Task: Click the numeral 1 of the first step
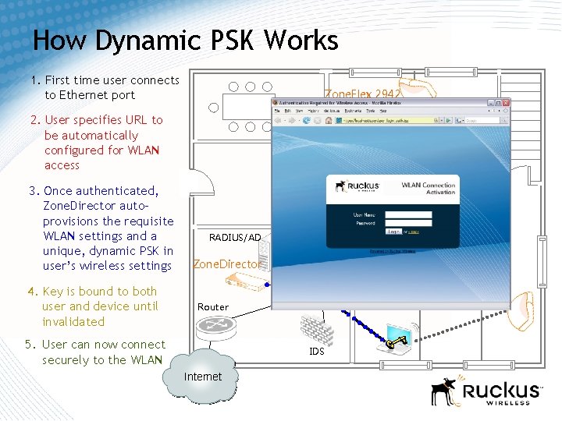tap(34, 80)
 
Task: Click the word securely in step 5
tap(66, 359)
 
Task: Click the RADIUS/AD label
tap(235, 238)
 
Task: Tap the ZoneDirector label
tap(227, 264)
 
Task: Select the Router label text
tap(213, 307)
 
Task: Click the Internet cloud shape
tap(201, 375)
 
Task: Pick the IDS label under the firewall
tap(316, 352)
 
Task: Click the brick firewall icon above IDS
tap(316, 328)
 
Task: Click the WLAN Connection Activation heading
tap(428, 188)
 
